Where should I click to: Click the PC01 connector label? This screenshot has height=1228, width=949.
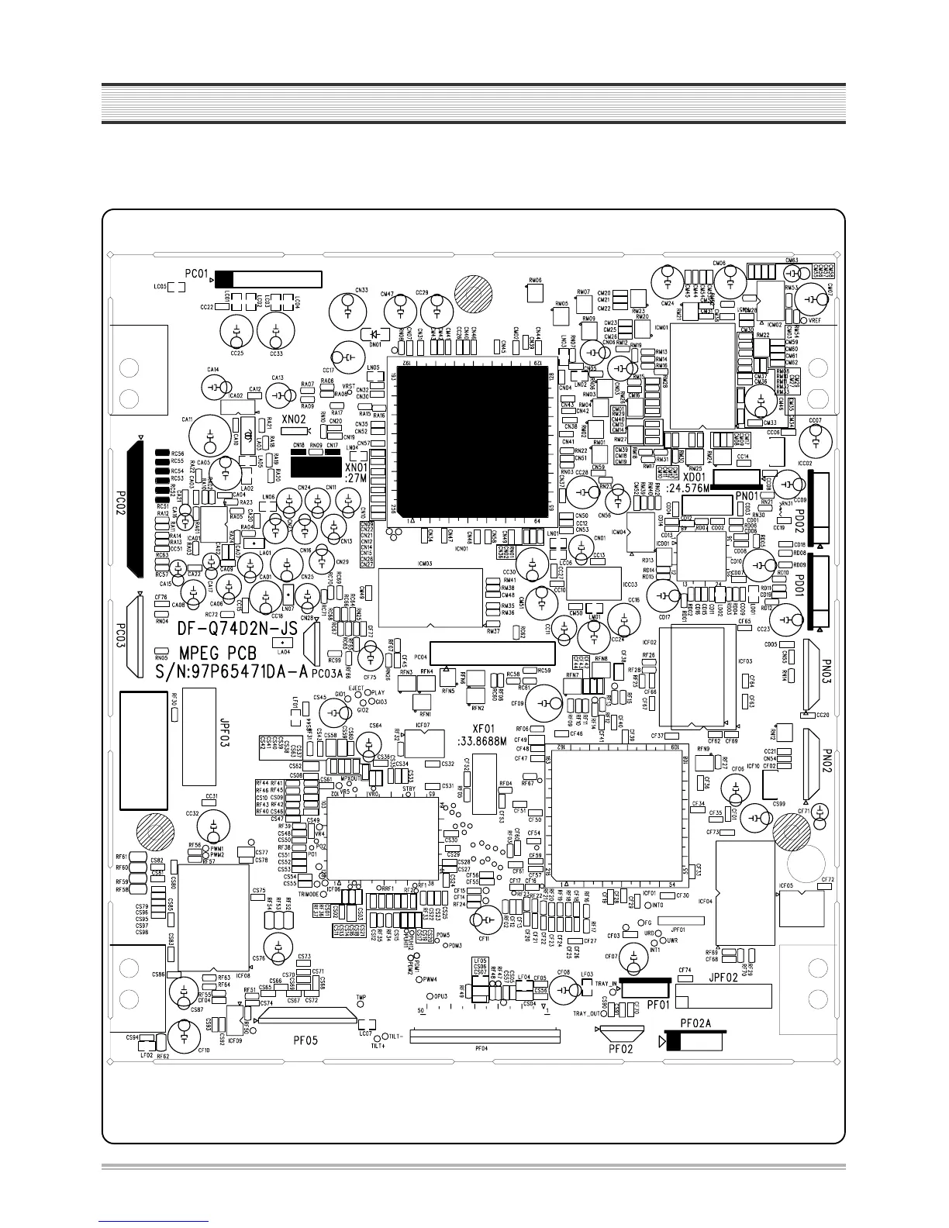tap(197, 274)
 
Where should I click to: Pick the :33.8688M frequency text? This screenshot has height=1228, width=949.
tap(481, 742)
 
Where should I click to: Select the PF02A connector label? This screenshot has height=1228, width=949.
tap(695, 1023)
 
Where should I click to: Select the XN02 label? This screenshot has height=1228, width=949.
tap(294, 419)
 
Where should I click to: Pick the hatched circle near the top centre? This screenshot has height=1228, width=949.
tap(474, 295)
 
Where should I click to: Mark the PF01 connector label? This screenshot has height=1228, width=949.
tap(657, 1004)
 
